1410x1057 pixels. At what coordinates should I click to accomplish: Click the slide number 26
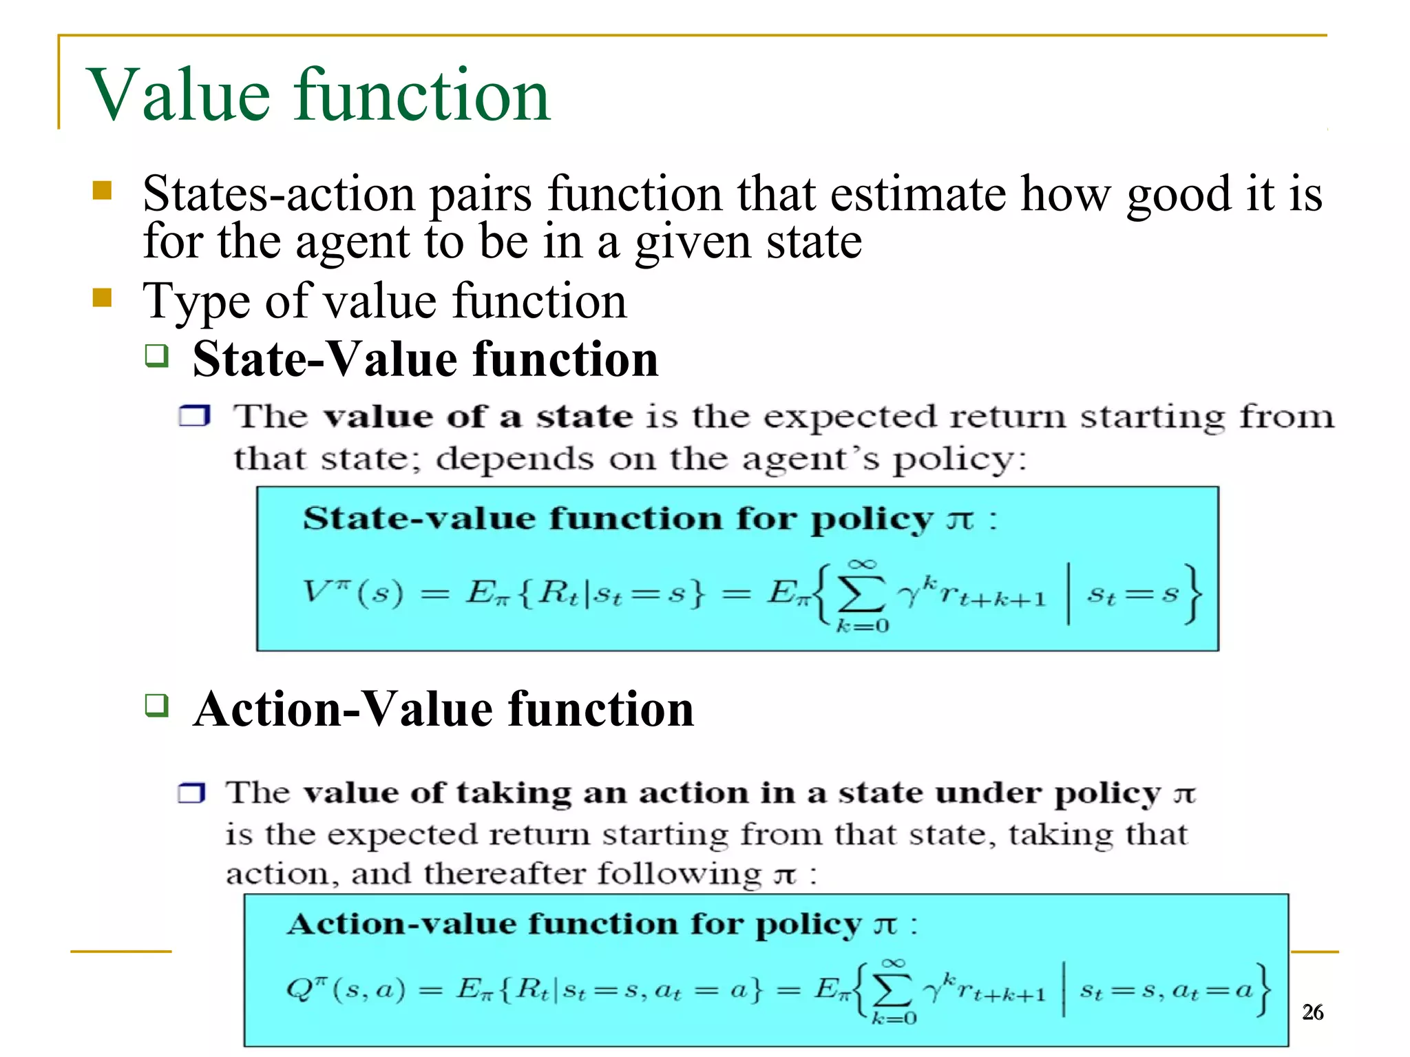click(x=1312, y=1012)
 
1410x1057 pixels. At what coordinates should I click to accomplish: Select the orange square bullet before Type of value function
click(x=102, y=297)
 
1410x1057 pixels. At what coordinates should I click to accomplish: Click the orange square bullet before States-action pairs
click(x=102, y=190)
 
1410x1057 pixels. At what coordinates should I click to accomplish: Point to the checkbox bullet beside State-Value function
click(x=157, y=356)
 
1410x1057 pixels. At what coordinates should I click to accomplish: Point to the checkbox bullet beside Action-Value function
click(x=157, y=706)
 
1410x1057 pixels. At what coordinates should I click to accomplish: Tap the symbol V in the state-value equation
click(x=318, y=592)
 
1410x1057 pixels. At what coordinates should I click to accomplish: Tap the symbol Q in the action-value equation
click(x=299, y=990)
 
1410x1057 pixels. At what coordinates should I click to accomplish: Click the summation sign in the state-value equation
click(x=861, y=594)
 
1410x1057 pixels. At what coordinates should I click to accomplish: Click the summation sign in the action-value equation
click(x=892, y=990)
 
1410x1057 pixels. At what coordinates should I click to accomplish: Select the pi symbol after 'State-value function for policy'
click(x=960, y=520)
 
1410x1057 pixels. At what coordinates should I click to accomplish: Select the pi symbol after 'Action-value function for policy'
click(x=886, y=925)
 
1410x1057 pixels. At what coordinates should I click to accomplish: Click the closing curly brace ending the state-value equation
click(x=1193, y=594)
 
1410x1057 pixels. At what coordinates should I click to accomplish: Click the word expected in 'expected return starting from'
click(x=850, y=417)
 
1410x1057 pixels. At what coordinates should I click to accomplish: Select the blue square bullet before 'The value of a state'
click(x=194, y=416)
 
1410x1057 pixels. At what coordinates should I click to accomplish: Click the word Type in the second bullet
click(x=196, y=302)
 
